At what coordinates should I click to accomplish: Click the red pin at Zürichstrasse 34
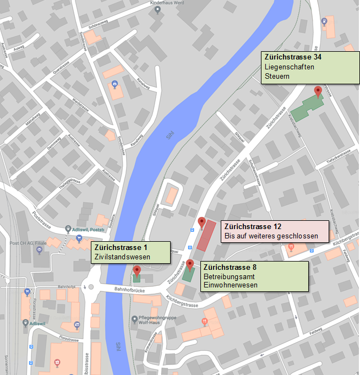(318, 91)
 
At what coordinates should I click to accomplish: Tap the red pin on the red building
(201, 223)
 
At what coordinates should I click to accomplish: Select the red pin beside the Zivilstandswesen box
(137, 270)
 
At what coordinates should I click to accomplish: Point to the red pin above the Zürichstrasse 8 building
(190, 264)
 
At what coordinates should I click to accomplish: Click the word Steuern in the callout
(277, 76)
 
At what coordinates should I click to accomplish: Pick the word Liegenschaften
(290, 67)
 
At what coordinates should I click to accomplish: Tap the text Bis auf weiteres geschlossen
(271, 236)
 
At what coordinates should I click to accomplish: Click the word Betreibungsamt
(229, 276)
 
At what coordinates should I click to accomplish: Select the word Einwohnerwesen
(231, 285)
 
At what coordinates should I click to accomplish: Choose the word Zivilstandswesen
(122, 256)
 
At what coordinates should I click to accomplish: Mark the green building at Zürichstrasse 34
(306, 107)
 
